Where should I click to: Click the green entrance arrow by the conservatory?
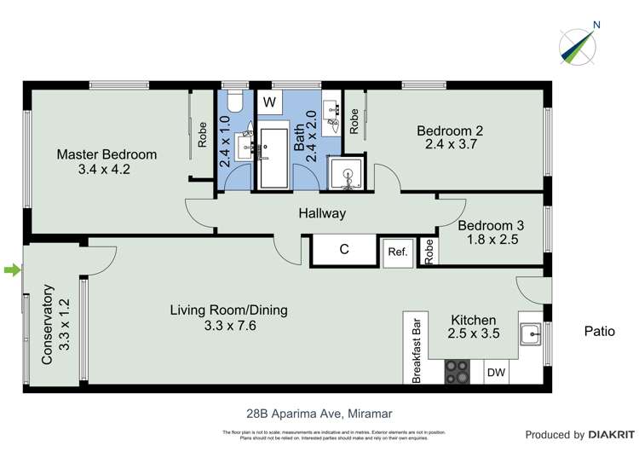pos(11,270)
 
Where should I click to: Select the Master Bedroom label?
pos(106,154)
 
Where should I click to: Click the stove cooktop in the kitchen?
pos(458,372)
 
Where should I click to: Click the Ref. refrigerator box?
pos(397,252)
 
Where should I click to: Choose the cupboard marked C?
pos(344,250)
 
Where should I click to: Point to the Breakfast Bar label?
pos(417,351)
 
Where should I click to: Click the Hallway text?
pos(321,213)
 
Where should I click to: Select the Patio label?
pos(599,331)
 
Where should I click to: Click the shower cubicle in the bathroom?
pos(348,175)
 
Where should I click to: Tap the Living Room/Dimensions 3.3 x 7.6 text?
pos(228,325)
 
